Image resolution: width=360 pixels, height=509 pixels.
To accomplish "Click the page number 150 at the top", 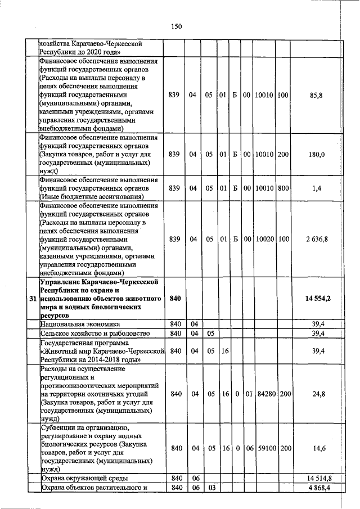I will tap(176, 26).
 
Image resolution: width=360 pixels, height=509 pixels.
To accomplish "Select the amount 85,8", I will tap(316, 96).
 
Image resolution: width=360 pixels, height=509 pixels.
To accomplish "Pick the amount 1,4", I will tap(316, 188).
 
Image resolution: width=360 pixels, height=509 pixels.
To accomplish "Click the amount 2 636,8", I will tap(316, 239).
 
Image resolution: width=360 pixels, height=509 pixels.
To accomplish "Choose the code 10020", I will tap(264, 239).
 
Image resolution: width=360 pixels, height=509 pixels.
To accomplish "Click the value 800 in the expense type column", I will tap(283, 188).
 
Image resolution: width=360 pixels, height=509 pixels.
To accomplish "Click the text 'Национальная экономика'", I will tap(80, 325).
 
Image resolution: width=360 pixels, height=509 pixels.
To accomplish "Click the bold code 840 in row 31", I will tap(175, 298).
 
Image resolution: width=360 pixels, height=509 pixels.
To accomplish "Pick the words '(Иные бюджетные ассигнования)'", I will tap(90, 197).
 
